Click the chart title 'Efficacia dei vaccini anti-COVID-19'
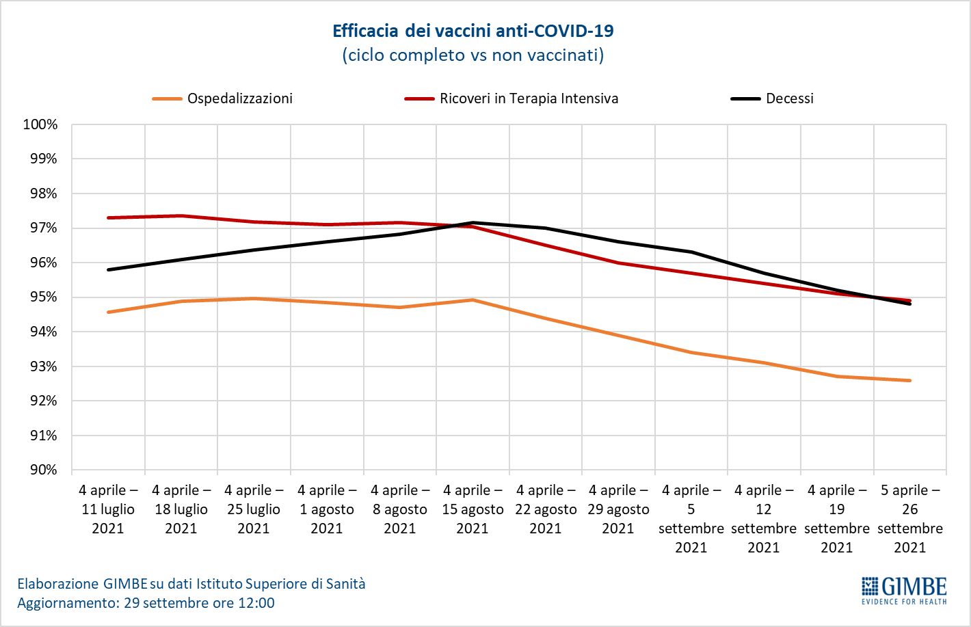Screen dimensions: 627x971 473,31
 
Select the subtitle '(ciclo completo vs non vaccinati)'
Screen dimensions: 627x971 473,55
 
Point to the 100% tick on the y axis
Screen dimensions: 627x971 40,124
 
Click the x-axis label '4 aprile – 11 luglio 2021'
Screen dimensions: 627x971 108,509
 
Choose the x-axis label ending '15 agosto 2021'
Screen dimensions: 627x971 473,509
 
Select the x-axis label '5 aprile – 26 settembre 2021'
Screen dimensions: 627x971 910,518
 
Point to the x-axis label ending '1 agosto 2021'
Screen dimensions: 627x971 327,509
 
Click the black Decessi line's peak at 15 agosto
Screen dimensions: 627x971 473,223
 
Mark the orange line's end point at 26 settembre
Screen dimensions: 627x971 910,381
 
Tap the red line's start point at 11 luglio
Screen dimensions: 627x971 108,218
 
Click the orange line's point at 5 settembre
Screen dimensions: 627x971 691,353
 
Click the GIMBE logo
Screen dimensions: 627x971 904,590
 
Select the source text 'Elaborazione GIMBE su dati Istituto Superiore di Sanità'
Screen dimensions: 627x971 191,584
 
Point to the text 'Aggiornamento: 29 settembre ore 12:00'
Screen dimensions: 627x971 146,603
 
